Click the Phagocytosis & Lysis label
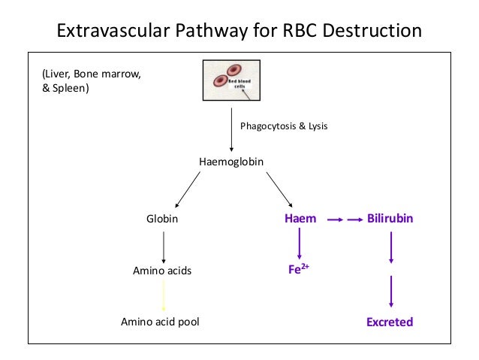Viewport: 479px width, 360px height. point(284,126)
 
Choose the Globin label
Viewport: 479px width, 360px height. point(162,219)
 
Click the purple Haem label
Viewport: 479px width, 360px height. point(300,219)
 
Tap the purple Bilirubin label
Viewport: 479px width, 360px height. point(390,219)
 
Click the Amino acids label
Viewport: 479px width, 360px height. point(162,271)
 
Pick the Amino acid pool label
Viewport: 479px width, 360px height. point(161,322)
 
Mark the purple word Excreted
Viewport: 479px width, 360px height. point(390,322)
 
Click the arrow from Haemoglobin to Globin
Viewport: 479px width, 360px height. point(188,190)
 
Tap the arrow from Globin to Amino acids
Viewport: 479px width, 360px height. point(164,246)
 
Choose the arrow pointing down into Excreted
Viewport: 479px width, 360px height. point(390,294)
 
